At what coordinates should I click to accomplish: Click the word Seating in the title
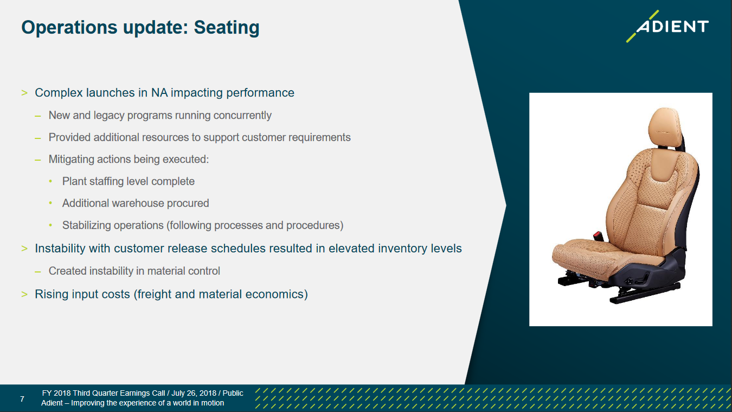point(227,28)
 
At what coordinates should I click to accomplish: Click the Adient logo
point(667,26)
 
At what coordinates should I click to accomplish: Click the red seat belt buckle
point(598,235)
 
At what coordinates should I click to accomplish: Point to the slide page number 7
point(22,399)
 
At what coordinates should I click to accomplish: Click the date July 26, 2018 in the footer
point(194,393)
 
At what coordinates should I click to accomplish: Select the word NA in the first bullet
point(159,93)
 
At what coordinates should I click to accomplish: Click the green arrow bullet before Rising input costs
point(24,294)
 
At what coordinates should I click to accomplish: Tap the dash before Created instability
point(38,271)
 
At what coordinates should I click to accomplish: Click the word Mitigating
point(71,160)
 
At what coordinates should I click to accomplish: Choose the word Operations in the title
point(69,28)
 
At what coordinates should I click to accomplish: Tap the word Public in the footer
point(233,393)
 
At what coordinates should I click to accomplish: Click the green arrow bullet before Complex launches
point(24,93)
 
